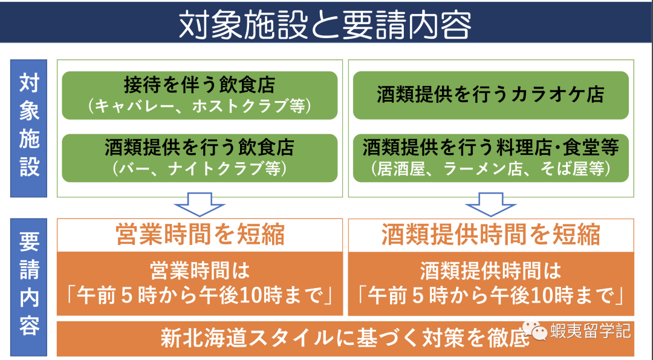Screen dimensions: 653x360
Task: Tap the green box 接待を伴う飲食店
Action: click(200, 96)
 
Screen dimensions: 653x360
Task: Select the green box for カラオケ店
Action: click(490, 96)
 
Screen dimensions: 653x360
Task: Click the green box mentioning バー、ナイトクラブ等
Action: click(200, 158)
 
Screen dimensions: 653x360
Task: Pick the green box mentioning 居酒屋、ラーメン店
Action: click(490, 158)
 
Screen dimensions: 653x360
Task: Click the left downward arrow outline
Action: click(200, 205)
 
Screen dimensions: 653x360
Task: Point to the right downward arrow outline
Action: click(490, 205)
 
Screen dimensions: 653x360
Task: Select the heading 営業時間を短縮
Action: click(200, 235)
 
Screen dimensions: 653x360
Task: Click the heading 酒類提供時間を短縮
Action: click(490, 235)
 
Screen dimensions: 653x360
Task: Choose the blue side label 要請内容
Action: click(29, 284)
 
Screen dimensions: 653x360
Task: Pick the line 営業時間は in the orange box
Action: click(200, 270)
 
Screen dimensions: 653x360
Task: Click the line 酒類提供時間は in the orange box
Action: click(490, 270)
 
